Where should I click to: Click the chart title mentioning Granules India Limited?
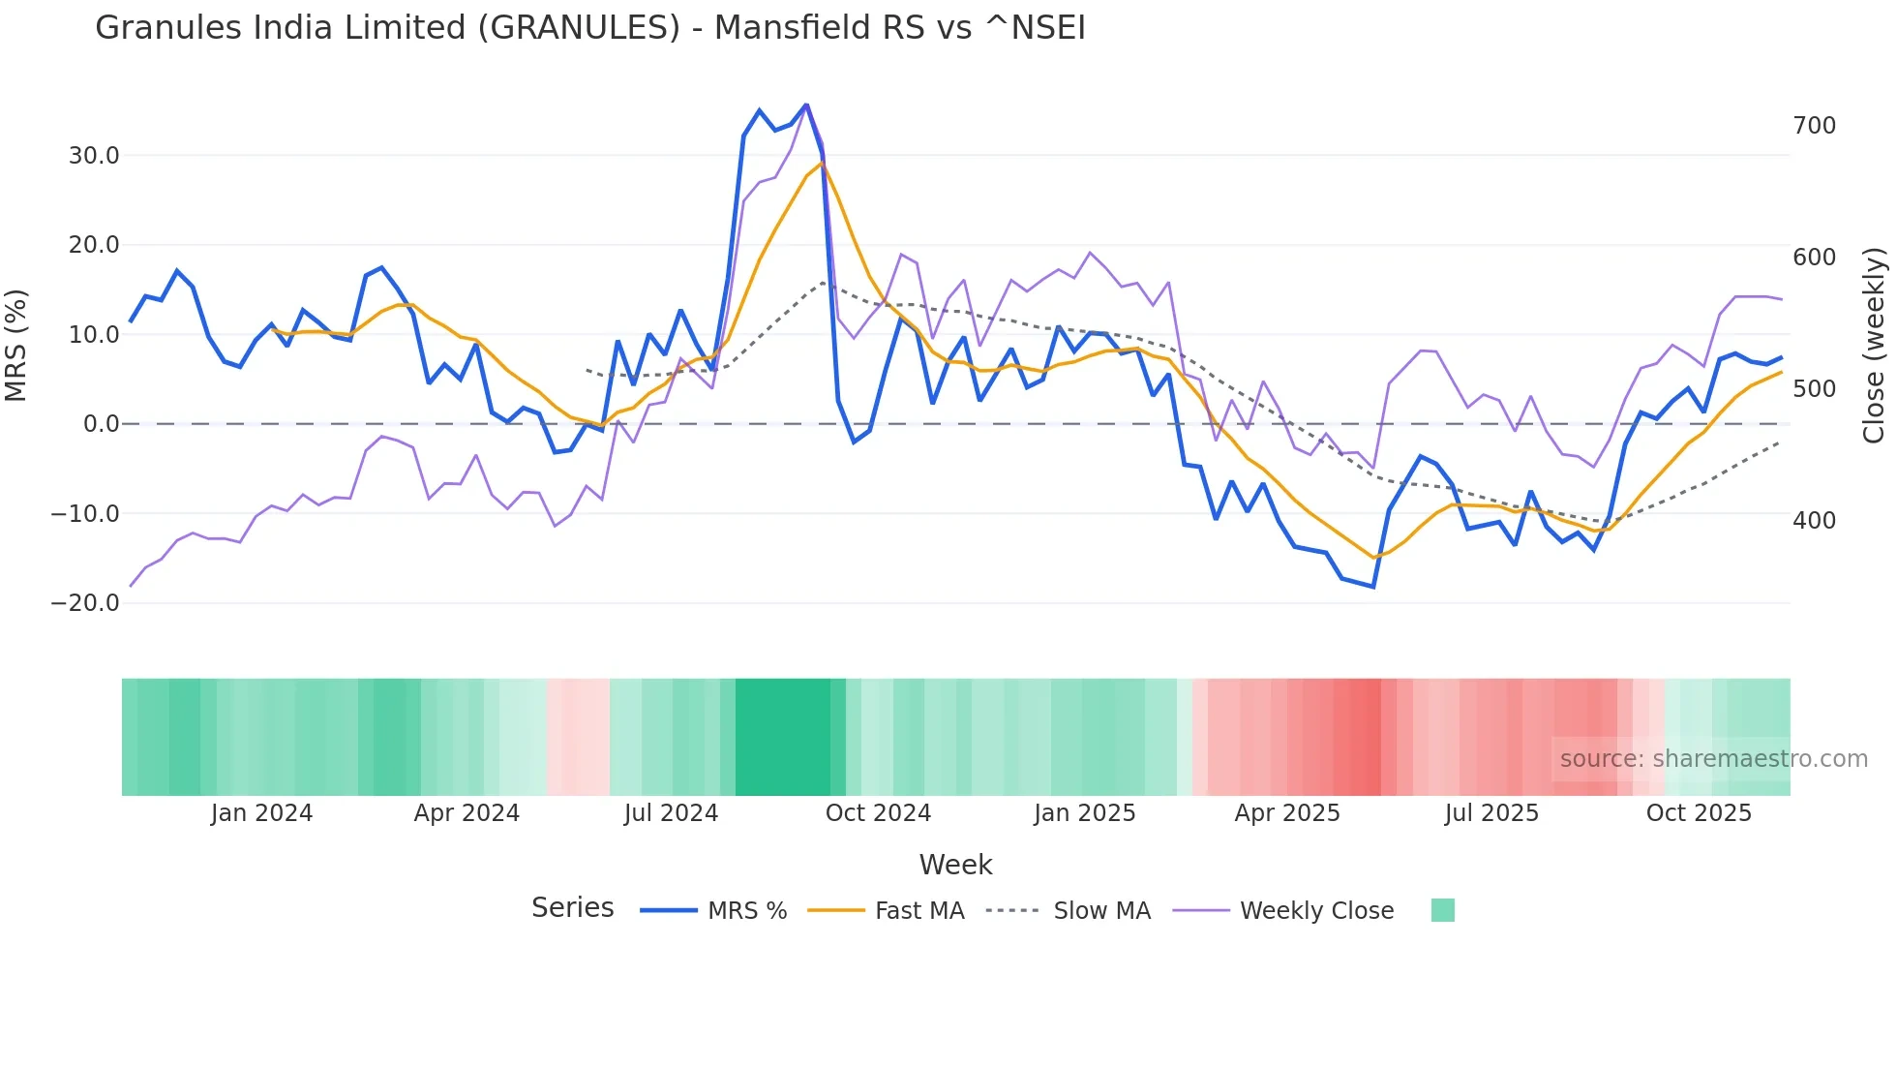click(589, 28)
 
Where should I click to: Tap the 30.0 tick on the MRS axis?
click(94, 156)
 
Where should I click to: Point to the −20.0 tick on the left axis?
click(85, 603)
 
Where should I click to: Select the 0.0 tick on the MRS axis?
click(102, 424)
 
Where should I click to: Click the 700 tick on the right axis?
click(1814, 126)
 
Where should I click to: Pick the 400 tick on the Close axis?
click(1814, 521)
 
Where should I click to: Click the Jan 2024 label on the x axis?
click(261, 813)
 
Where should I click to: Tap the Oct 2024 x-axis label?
click(878, 813)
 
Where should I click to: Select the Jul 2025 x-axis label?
click(1491, 813)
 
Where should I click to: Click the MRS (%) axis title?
click(16, 345)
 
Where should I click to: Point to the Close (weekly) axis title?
click(1875, 345)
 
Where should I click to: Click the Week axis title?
click(955, 865)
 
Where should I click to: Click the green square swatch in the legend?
click(1442, 910)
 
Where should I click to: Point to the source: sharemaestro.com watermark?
click(1713, 759)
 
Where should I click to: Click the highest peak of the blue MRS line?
click(806, 105)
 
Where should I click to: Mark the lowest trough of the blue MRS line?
click(1372, 587)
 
